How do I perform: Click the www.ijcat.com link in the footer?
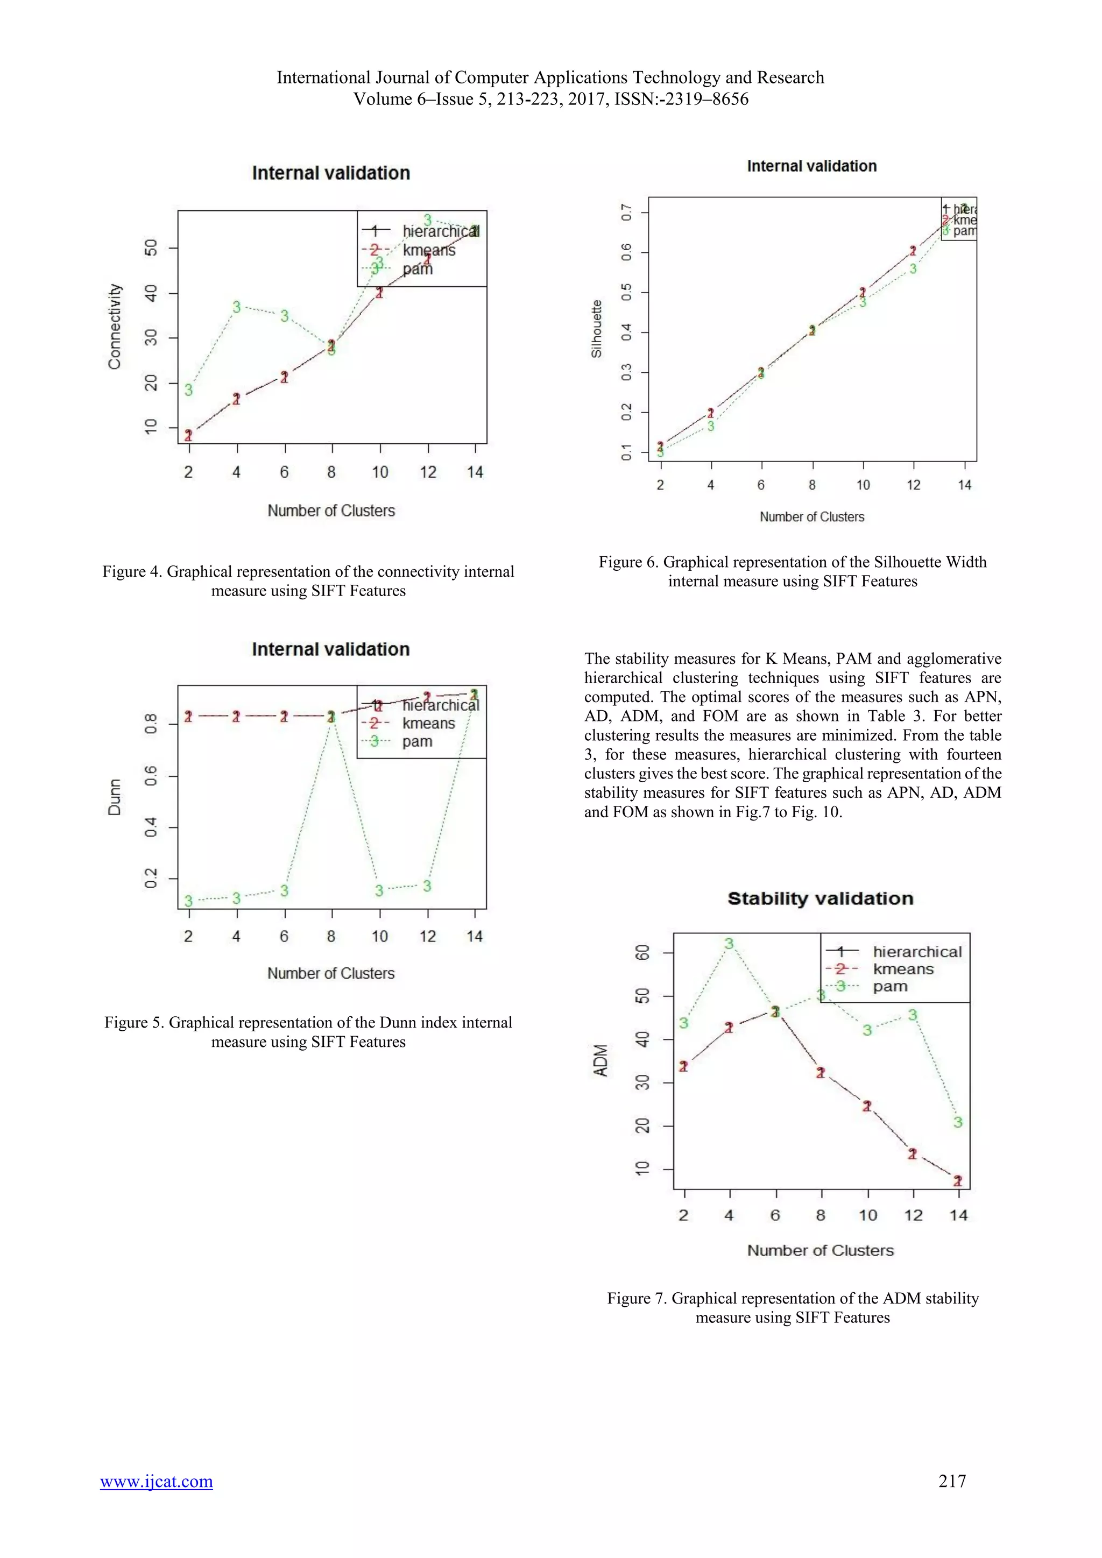point(156,1481)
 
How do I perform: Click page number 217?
point(951,1481)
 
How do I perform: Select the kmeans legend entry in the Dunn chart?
point(428,724)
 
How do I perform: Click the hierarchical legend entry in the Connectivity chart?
point(440,231)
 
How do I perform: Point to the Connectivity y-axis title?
point(115,327)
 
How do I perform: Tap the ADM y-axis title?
point(601,1060)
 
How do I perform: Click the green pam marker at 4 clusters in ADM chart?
point(729,944)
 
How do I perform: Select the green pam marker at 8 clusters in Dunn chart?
point(331,717)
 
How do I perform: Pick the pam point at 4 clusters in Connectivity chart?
point(236,307)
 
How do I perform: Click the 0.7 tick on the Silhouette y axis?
point(626,213)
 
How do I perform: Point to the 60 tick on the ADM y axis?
point(642,952)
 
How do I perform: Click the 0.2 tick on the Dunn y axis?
point(151,878)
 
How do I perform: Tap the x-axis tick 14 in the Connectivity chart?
point(475,472)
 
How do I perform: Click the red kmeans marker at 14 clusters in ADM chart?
point(957,1181)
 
